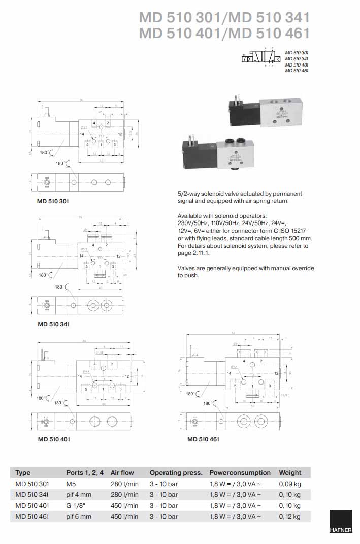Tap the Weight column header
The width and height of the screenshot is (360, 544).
point(290,472)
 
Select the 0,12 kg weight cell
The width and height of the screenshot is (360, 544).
point(289,517)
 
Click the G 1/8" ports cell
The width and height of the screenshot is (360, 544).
point(77,505)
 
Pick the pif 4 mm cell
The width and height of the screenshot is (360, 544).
point(79,494)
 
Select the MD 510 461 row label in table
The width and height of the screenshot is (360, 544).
point(32,517)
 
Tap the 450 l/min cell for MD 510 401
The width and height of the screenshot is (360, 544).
point(124,505)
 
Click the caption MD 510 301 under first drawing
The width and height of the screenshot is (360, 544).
point(53,201)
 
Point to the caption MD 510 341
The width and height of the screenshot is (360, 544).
point(53,324)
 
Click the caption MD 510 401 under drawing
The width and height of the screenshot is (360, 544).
point(53,439)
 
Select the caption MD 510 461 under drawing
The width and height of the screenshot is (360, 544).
point(203,439)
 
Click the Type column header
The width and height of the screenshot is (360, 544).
point(23,472)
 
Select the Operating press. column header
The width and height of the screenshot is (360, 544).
point(176,472)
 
